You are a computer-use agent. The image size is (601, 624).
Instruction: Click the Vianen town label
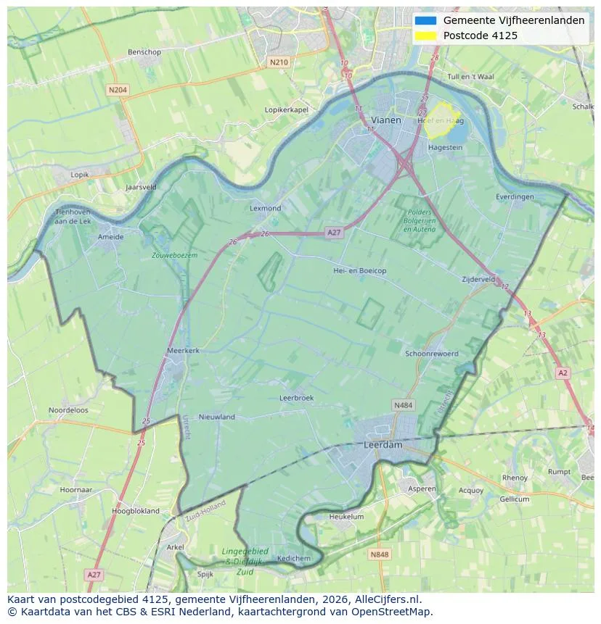pos(385,120)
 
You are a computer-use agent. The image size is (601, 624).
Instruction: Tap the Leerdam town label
pos(383,445)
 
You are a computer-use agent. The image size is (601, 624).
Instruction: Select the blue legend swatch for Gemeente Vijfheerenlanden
pos(426,20)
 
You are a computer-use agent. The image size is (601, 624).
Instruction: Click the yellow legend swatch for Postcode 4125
pos(426,36)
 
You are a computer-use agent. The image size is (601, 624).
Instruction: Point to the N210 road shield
pos(278,62)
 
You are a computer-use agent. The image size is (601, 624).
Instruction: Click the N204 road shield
pos(117,90)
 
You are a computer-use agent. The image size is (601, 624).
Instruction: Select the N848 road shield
pos(379,554)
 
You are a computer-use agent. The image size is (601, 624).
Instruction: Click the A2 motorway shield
pos(563,373)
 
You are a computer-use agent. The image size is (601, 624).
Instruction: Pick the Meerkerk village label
pos(183,350)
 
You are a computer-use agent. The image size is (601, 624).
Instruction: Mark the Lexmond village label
pos(265,208)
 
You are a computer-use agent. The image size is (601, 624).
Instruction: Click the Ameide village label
pos(110,236)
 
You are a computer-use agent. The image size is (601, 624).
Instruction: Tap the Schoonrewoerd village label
pos(432,354)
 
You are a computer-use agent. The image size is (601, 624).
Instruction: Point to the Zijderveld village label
pos(478,279)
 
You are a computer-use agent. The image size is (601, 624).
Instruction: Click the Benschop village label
pos(144,52)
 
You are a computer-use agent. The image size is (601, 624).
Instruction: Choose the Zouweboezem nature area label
pos(174,255)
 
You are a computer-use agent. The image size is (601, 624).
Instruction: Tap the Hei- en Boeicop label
pos(359,270)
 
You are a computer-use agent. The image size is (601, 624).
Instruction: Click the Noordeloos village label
pos(68,409)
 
